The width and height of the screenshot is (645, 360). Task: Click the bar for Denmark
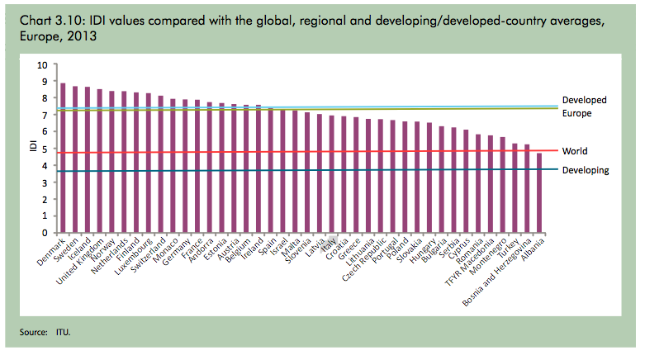coord(63,157)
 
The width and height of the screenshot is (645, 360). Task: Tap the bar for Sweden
coord(75,159)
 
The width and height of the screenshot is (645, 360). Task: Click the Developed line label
coord(585,100)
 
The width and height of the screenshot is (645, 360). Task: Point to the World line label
coord(575,152)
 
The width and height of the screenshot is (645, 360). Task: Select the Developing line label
coord(586,170)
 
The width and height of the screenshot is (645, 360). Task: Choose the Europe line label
coord(576,112)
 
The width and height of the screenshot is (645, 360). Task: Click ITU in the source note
coord(63,333)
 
